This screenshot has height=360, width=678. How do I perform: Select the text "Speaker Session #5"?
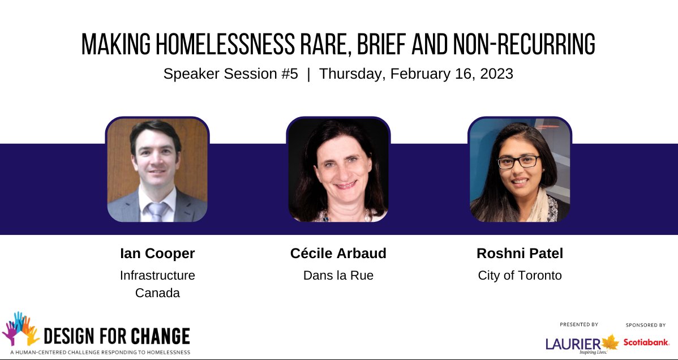[230, 74]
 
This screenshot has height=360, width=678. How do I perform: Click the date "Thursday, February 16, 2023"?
[416, 74]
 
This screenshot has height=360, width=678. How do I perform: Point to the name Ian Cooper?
[157, 254]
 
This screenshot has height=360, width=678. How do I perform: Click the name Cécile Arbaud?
[338, 254]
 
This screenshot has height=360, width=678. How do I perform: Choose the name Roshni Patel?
[520, 254]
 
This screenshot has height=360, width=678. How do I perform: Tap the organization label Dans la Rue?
[338, 276]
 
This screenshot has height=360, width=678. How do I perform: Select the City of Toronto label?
[520, 276]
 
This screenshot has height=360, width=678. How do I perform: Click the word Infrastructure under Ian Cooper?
[157, 276]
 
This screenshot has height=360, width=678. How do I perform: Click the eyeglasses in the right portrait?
[518, 162]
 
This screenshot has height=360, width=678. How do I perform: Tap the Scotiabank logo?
[646, 342]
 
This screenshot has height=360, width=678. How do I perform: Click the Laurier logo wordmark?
[572, 344]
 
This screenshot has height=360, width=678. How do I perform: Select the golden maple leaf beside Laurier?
[610, 342]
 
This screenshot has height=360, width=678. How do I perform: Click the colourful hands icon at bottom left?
[21, 328]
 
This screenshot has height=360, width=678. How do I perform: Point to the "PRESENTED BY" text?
[579, 325]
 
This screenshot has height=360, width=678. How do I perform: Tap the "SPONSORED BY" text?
[646, 325]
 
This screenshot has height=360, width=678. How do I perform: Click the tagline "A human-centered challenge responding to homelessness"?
[96, 352]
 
